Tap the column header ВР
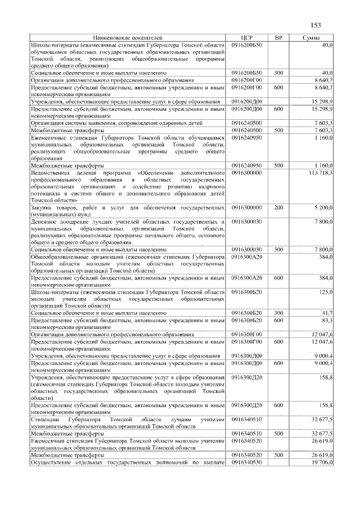pos(278,38)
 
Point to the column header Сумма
pos(311,38)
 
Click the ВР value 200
pos(278,208)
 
